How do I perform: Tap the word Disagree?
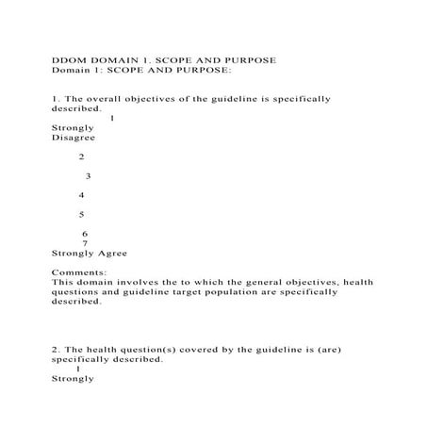(73, 138)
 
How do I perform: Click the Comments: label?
(79, 271)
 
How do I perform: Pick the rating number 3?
(88, 175)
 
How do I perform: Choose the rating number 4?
(82, 195)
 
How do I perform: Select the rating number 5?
(82, 215)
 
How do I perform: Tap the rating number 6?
(85, 234)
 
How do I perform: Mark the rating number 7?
(86, 243)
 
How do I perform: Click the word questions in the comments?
(77, 291)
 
